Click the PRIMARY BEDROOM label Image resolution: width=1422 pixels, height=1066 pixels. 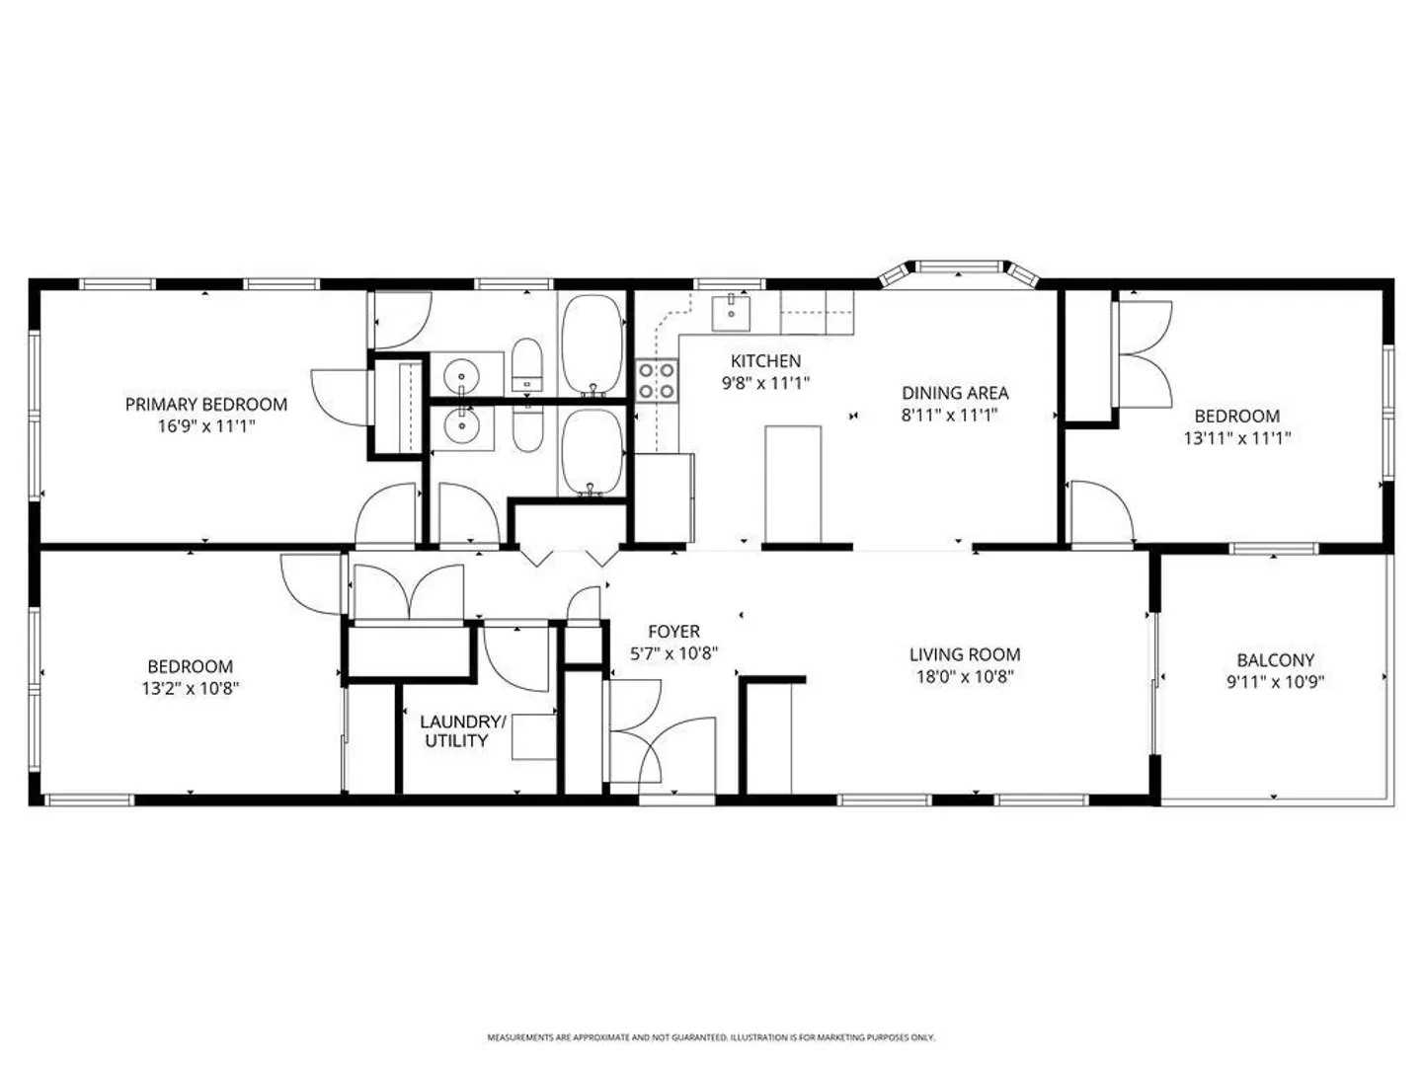(x=206, y=405)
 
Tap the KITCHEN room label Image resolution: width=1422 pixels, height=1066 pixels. (x=765, y=361)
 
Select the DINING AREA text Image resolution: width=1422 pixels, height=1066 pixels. (x=955, y=393)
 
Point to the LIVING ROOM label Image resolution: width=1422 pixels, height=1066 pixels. (x=965, y=654)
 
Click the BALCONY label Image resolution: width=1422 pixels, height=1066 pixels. (x=1276, y=660)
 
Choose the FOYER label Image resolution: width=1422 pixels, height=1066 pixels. (x=673, y=631)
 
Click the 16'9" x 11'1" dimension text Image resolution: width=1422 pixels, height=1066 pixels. (x=206, y=426)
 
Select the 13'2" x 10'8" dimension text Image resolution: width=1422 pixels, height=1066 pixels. (x=191, y=688)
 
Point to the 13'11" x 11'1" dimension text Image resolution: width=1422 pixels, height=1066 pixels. (x=1237, y=438)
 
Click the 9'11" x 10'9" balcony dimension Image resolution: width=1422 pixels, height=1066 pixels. (x=1276, y=682)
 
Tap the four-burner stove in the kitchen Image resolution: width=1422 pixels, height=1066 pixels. (x=657, y=381)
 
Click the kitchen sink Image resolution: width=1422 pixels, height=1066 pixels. (x=731, y=314)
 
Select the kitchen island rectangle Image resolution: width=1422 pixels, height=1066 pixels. (x=793, y=484)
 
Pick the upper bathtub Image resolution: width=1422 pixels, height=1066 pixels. (x=592, y=345)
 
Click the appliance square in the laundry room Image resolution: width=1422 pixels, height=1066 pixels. (x=534, y=736)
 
